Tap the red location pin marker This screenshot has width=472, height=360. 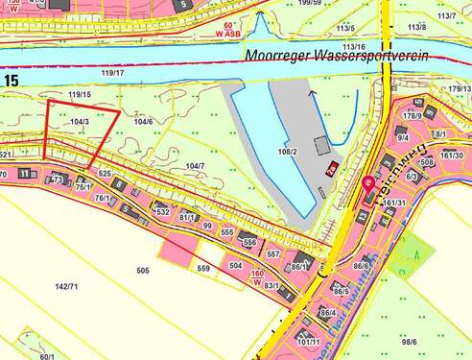coord(370,186)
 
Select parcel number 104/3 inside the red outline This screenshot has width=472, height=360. coord(81,122)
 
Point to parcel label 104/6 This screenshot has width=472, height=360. coord(144,122)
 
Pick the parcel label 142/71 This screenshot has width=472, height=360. coord(66,287)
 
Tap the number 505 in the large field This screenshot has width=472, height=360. coord(143,272)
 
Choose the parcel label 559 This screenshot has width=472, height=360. coord(203,269)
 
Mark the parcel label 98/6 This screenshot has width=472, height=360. coord(410,342)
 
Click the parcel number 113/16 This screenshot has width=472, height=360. coord(353,46)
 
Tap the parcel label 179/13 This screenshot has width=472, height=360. coord(459,89)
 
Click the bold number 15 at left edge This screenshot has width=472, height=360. coord(11,80)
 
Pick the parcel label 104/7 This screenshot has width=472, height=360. coord(195,166)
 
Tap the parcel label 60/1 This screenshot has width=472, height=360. coord(46,355)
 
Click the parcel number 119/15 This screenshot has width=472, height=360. coord(80,95)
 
